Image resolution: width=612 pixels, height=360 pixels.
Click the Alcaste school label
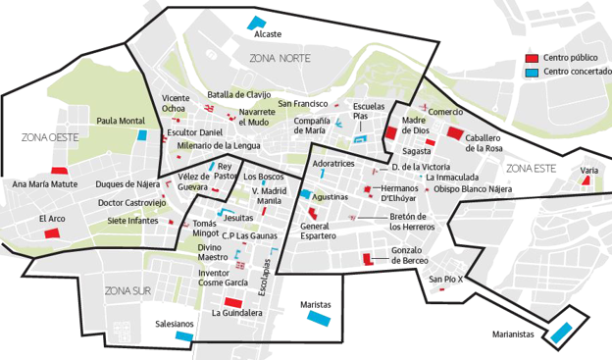point(267,34)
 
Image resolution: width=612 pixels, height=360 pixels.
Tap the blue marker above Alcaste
point(256,22)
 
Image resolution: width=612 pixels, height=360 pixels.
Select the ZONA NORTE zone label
point(280,59)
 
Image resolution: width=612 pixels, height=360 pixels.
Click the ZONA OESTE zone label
point(49,138)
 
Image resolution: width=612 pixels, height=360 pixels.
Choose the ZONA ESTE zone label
point(532,168)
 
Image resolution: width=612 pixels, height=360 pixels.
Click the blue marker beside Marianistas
point(562,333)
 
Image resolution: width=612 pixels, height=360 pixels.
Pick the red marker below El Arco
point(52,233)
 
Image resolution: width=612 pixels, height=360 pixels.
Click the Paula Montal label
point(122,121)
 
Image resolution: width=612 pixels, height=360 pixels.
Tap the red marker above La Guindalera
point(233,300)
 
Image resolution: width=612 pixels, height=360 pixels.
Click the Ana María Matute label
point(44,183)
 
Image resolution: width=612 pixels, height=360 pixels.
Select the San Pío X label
point(444,279)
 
